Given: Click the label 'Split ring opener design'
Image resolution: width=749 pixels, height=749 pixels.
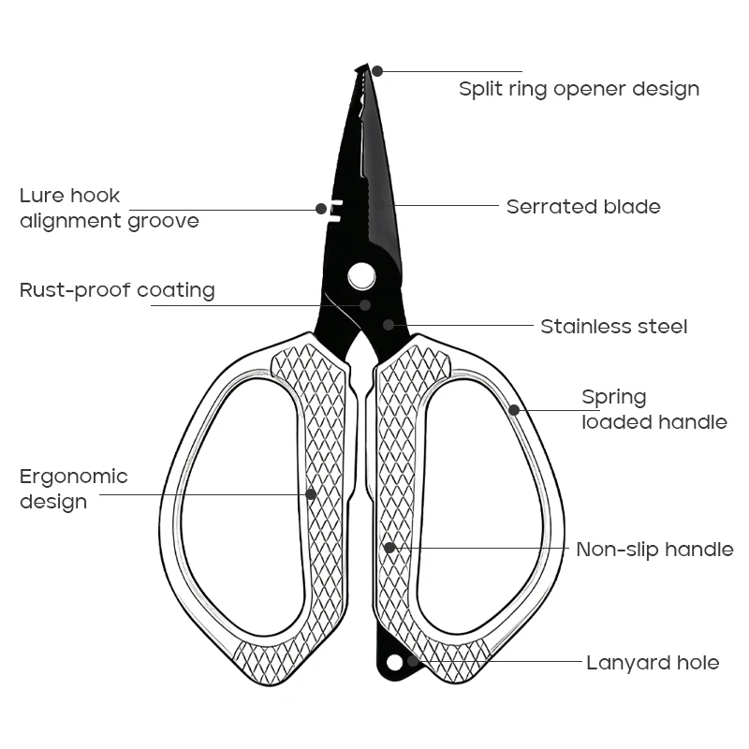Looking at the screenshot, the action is click(579, 89).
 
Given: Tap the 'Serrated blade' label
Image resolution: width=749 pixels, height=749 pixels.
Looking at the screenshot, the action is click(583, 207).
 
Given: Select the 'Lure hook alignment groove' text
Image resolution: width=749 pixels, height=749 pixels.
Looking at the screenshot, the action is click(110, 208).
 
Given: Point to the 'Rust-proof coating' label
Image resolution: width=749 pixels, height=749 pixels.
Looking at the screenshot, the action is click(117, 291).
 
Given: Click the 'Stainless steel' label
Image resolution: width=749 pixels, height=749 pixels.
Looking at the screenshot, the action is click(614, 327).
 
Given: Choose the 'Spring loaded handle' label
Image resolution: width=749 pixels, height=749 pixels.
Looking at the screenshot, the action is click(654, 410).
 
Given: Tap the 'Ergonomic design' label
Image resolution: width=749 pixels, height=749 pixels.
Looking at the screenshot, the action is click(74, 489).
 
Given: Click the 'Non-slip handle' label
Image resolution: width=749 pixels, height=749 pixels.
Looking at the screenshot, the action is click(654, 550).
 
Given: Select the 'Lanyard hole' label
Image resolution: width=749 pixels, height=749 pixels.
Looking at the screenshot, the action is click(653, 663).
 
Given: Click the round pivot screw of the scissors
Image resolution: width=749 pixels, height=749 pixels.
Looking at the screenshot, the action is click(361, 276).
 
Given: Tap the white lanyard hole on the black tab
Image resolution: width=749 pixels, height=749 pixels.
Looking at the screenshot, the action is click(394, 663).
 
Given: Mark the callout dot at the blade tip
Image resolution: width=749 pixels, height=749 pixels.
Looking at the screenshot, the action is click(377, 71).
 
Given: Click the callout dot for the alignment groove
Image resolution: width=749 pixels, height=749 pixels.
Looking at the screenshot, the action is click(321, 209).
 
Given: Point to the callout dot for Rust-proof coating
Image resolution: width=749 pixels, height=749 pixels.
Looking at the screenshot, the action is click(365, 305).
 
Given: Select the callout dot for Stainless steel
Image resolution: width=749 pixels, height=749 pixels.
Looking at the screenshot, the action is click(389, 325).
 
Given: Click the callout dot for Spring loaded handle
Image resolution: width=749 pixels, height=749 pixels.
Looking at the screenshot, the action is click(514, 410).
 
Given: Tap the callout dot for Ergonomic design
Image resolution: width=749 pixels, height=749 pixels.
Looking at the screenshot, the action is click(311, 494).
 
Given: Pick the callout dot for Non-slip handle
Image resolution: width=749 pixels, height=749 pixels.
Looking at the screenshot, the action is click(389, 548).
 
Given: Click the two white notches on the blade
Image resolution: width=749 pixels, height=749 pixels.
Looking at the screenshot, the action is click(336, 212).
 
